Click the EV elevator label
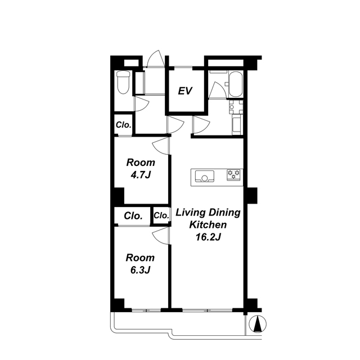[185, 91]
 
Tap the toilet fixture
[123, 82]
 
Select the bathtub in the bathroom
[235, 84]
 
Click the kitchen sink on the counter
[205, 176]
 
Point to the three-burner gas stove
[234, 175]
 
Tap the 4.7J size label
[141, 175]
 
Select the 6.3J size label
[140, 270]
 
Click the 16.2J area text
[208, 237]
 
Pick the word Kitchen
[208, 225]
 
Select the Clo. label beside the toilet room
[124, 125]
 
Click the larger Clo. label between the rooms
[133, 216]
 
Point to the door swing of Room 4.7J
[161, 146]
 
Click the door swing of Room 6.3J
[161, 236]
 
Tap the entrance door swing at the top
[156, 58]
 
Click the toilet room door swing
[142, 104]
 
